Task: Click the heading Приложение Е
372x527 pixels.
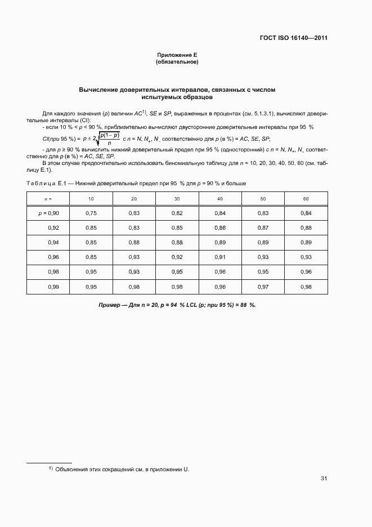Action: coord(177,55)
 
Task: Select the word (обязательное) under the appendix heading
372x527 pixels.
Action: coord(177,61)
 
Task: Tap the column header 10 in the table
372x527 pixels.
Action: coord(91,199)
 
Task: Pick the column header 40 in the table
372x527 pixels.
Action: coord(220,199)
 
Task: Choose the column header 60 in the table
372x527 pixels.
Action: coord(306,199)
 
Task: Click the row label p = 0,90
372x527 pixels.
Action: coord(48,213)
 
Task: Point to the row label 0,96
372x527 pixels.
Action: coord(53,257)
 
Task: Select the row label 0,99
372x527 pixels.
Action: coord(53,287)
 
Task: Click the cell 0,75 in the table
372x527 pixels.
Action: coord(91,213)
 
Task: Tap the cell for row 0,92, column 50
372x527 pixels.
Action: coord(263,227)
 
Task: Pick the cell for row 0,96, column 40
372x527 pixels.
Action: coord(220,257)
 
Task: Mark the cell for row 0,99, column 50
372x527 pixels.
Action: coord(263,287)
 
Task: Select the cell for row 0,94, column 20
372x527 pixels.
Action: coord(134,242)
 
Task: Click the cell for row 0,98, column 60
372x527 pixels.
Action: coord(306,272)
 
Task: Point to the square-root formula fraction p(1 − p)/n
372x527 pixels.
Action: coord(110,139)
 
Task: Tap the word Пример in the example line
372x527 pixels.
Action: coord(110,305)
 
